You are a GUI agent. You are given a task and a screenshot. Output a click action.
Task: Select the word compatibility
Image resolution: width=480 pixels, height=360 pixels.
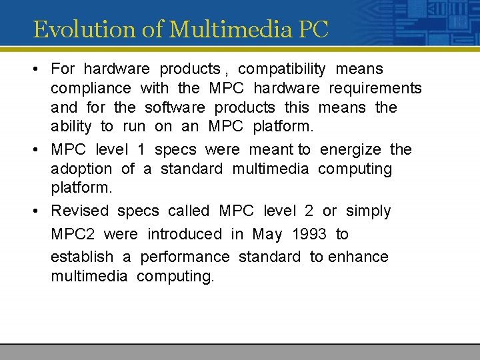(x=282, y=69)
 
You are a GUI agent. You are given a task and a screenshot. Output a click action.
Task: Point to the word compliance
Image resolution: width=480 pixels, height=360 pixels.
(x=91, y=88)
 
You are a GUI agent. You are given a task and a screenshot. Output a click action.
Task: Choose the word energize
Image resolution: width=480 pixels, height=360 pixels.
(x=351, y=149)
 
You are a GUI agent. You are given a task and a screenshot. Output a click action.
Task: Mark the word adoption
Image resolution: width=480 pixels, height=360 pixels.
(x=81, y=169)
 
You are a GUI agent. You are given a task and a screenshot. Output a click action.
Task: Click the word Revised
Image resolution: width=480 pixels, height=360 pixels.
(x=79, y=211)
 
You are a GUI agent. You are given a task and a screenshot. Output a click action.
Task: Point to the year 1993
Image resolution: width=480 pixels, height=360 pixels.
(x=309, y=234)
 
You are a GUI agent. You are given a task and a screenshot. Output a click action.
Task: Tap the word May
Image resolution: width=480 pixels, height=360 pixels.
(x=267, y=234)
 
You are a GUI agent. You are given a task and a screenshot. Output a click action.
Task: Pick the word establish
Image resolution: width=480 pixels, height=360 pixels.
(x=82, y=257)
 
